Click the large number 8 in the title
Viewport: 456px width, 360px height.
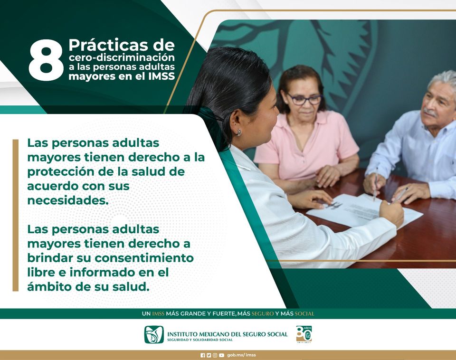pos(46,60)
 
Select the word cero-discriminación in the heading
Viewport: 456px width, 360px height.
pos(121,57)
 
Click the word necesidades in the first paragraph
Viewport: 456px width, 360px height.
pos(67,200)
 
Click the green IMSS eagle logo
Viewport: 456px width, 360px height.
pos(154,335)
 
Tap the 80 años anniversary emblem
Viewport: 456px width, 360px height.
pos(304,334)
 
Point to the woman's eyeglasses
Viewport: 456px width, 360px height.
pos(304,99)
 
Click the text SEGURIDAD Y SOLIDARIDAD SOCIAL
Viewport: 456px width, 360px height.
pos(199,340)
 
